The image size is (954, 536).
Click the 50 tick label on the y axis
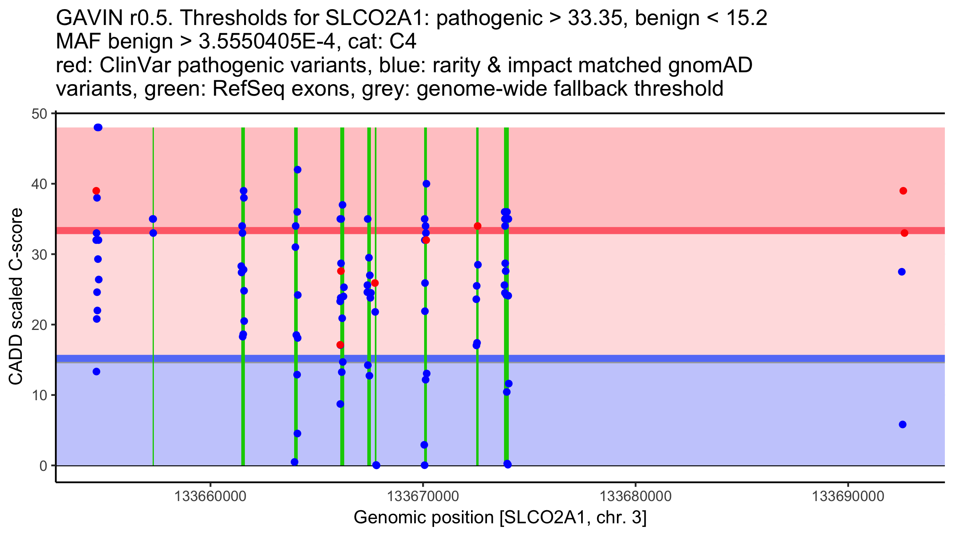click(x=39, y=114)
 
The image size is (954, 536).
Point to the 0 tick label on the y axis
click(x=43, y=466)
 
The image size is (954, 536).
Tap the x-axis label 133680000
click(x=635, y=496)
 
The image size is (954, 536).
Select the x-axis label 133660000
click(x=210, y=496)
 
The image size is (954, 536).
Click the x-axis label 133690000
click(x=848, y=496)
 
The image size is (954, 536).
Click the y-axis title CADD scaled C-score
click(x=16, y=297)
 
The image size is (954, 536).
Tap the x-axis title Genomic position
click(x=424, y=517)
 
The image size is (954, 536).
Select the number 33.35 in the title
click(x=595, y=18)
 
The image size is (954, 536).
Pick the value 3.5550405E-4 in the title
click(x=267, y=41)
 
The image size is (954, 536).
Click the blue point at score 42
click(x=297, y=170)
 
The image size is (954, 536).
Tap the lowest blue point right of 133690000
click(x=902, y=424)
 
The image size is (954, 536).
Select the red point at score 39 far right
click(x=903, y=191)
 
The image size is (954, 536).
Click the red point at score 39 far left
click(x=96, y=191)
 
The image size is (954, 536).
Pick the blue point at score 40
click(x=426, y=184)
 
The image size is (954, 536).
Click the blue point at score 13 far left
click(x=96, y=372)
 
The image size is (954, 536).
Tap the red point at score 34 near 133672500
click(x=477, y=226)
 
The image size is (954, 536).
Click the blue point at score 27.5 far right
click(x=902, y=272)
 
